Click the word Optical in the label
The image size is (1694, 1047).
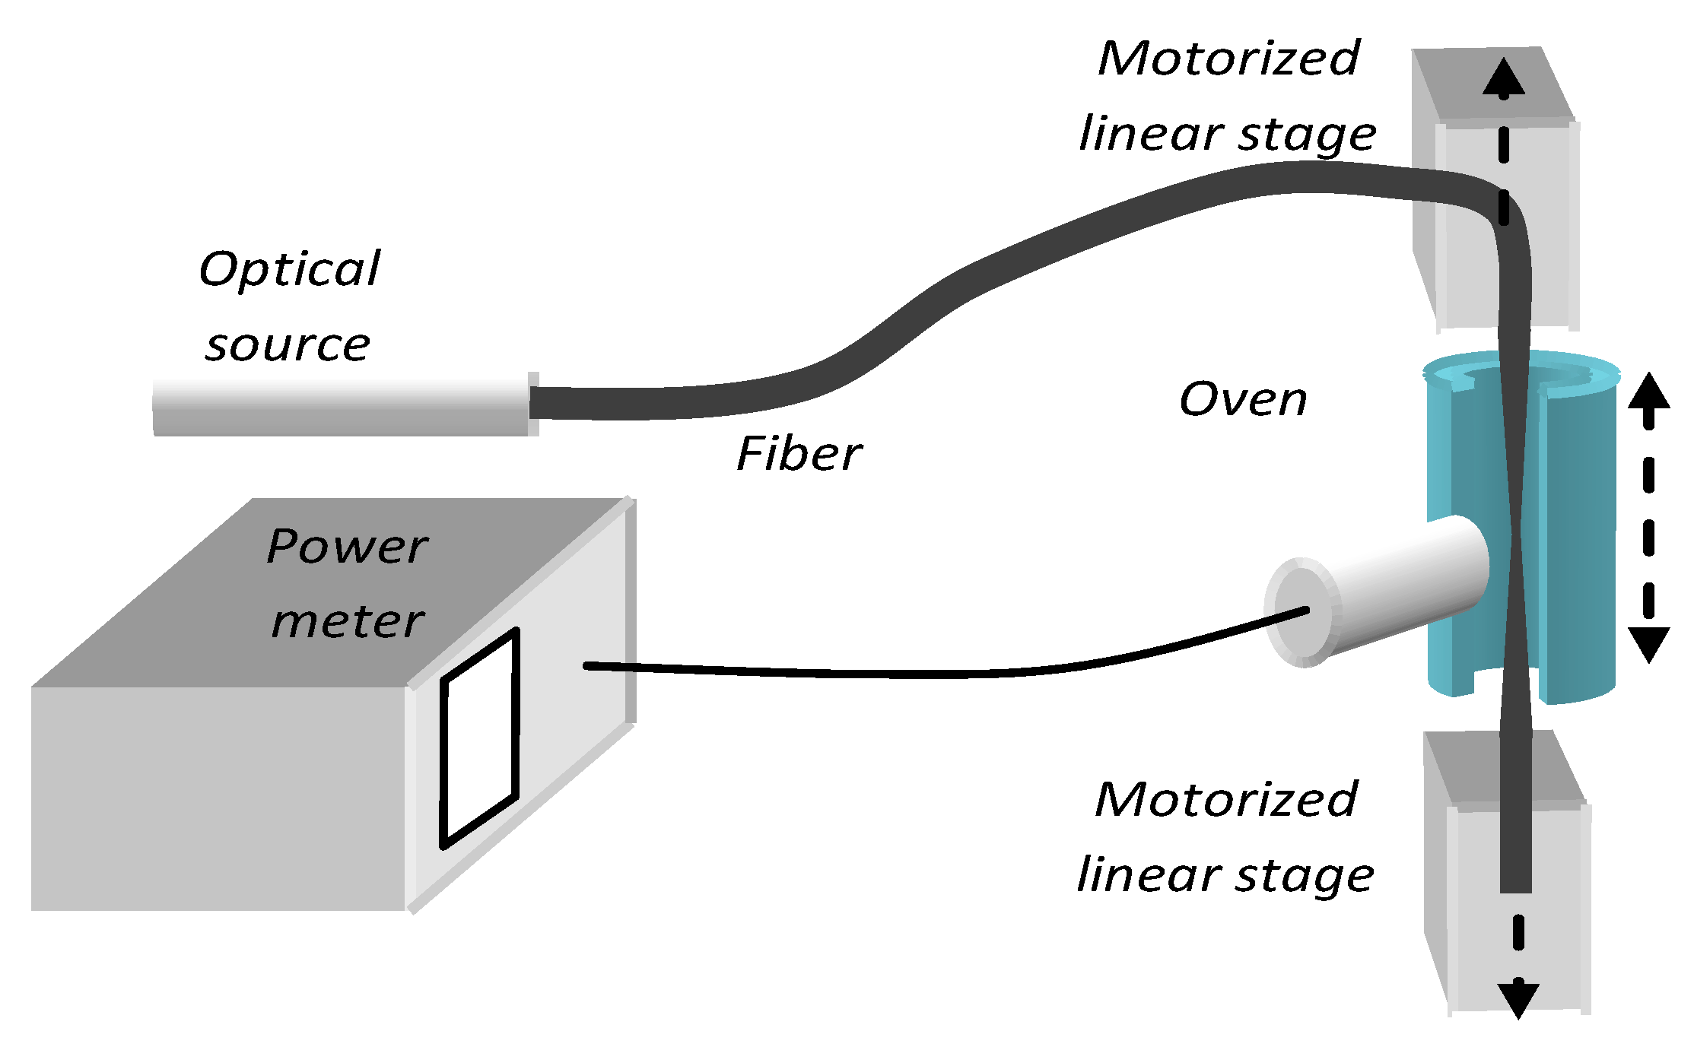pyautogui.click(x=289, y=269)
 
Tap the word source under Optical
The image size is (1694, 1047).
pyautogui.click(x=288, y=345)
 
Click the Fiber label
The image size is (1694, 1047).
pyautogui.click(x=799, y=455)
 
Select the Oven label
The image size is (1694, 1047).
pyautogui.click(x=1243, y=399)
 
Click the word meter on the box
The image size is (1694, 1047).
pyautogui.click(x=348, y=621)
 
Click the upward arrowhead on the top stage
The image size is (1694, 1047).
pyautogui.click(x=1503, y=78)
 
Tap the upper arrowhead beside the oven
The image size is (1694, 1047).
pyautogui.click(x=1648, y=392)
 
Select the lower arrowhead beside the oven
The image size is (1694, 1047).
pyautogui.click(x=1648, y=643)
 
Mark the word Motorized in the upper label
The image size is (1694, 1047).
pyautogui.click(x=1228, y=59)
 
